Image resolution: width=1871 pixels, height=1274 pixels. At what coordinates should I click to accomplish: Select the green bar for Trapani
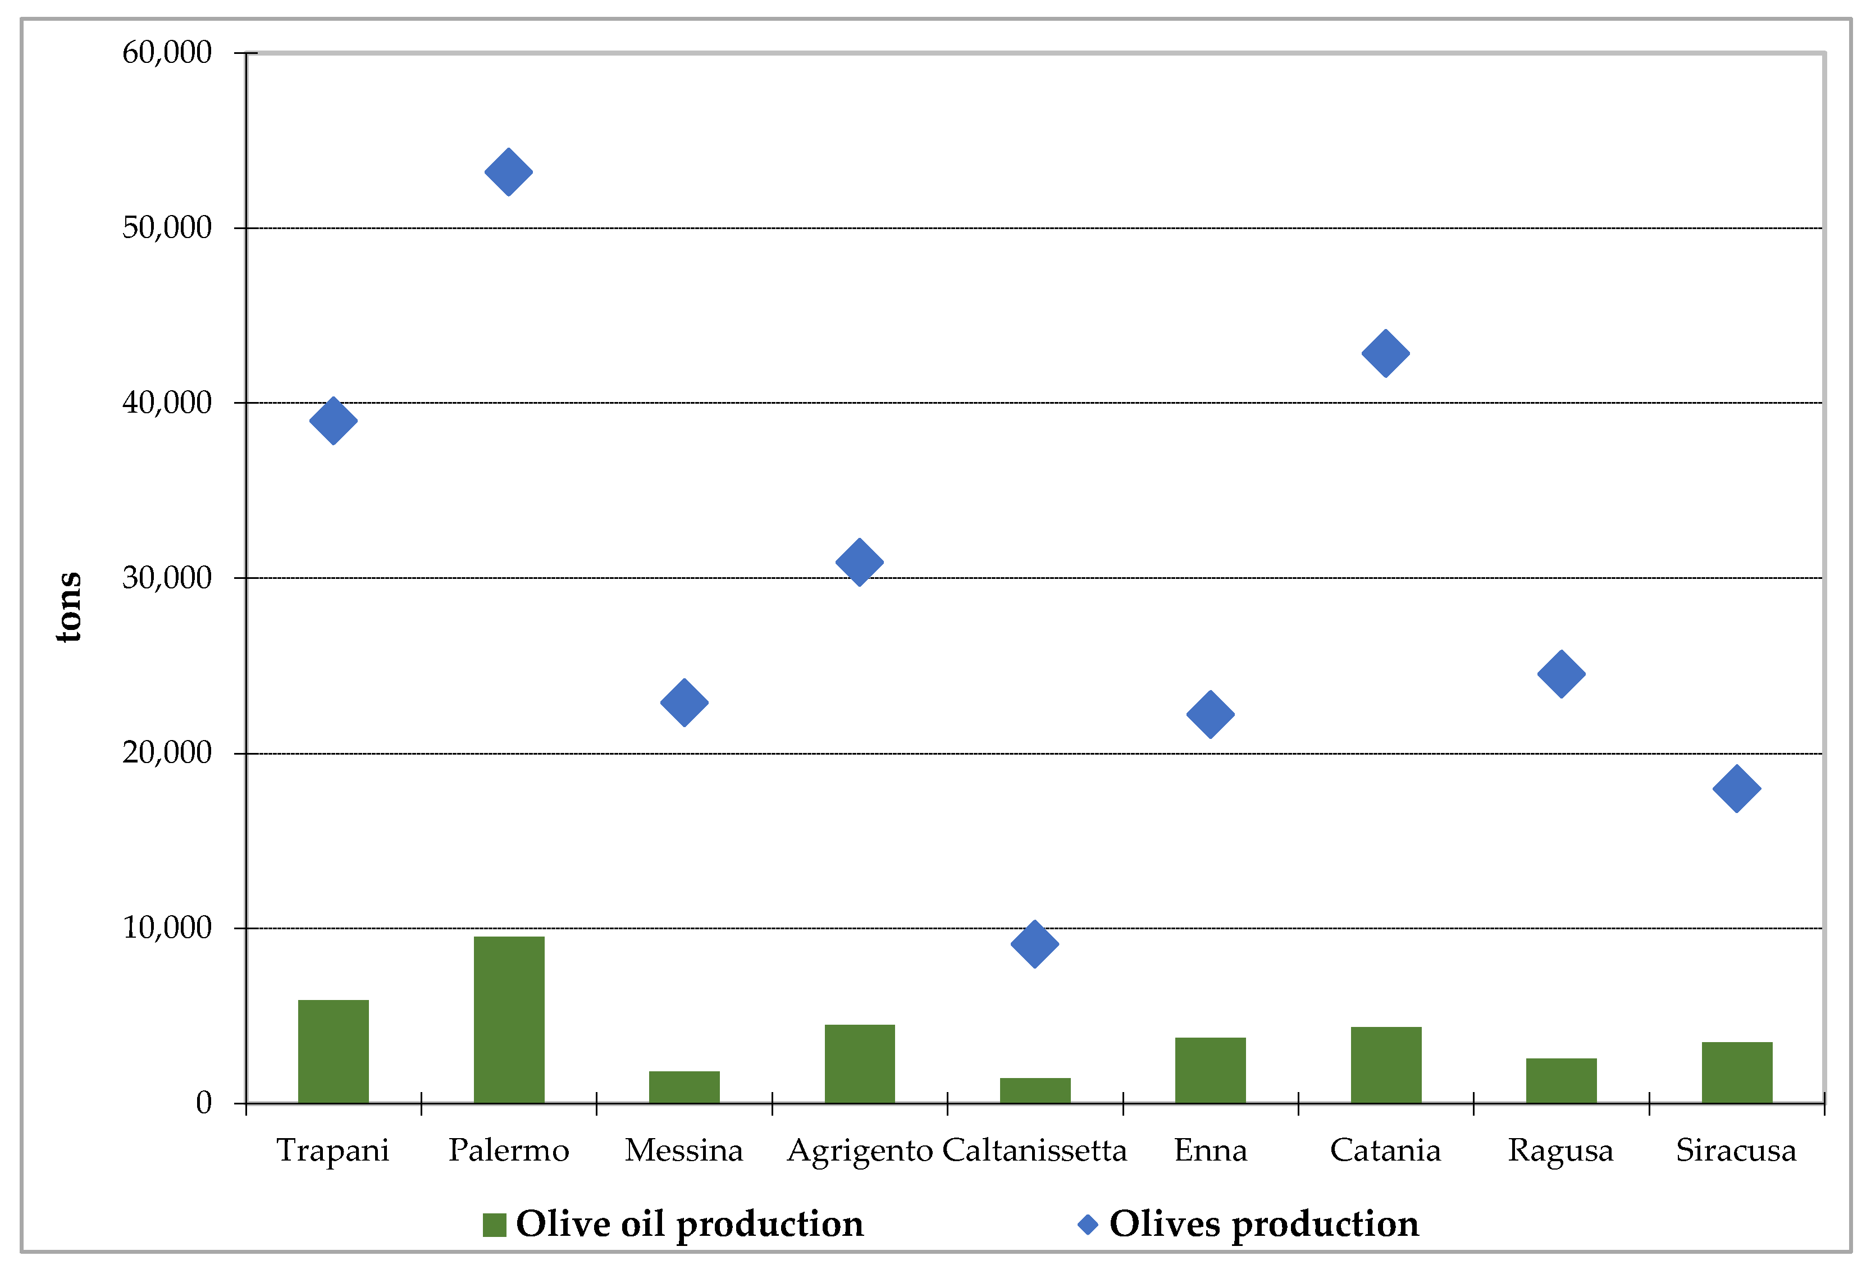334,1051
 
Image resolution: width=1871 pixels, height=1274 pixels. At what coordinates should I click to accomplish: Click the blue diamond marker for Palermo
509,172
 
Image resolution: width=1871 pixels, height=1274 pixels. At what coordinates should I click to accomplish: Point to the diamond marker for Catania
1385,353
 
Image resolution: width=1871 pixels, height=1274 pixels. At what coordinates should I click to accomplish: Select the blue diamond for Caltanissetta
1034,944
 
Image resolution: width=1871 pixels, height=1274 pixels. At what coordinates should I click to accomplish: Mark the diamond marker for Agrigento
860,561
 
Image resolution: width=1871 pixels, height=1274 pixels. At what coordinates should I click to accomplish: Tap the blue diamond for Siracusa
1737,789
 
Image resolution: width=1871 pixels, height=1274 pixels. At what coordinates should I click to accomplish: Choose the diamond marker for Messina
684,702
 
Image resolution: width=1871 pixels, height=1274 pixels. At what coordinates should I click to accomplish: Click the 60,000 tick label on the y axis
167,53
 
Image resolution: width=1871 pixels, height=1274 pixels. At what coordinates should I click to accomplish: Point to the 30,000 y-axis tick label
167,578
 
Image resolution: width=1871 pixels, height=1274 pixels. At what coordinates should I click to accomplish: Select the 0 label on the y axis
204,1103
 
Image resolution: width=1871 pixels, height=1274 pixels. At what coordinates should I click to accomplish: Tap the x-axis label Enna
1210,1150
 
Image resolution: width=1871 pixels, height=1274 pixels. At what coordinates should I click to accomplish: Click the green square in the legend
494,1225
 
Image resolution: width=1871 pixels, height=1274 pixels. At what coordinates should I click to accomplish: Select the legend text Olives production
1264,1224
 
